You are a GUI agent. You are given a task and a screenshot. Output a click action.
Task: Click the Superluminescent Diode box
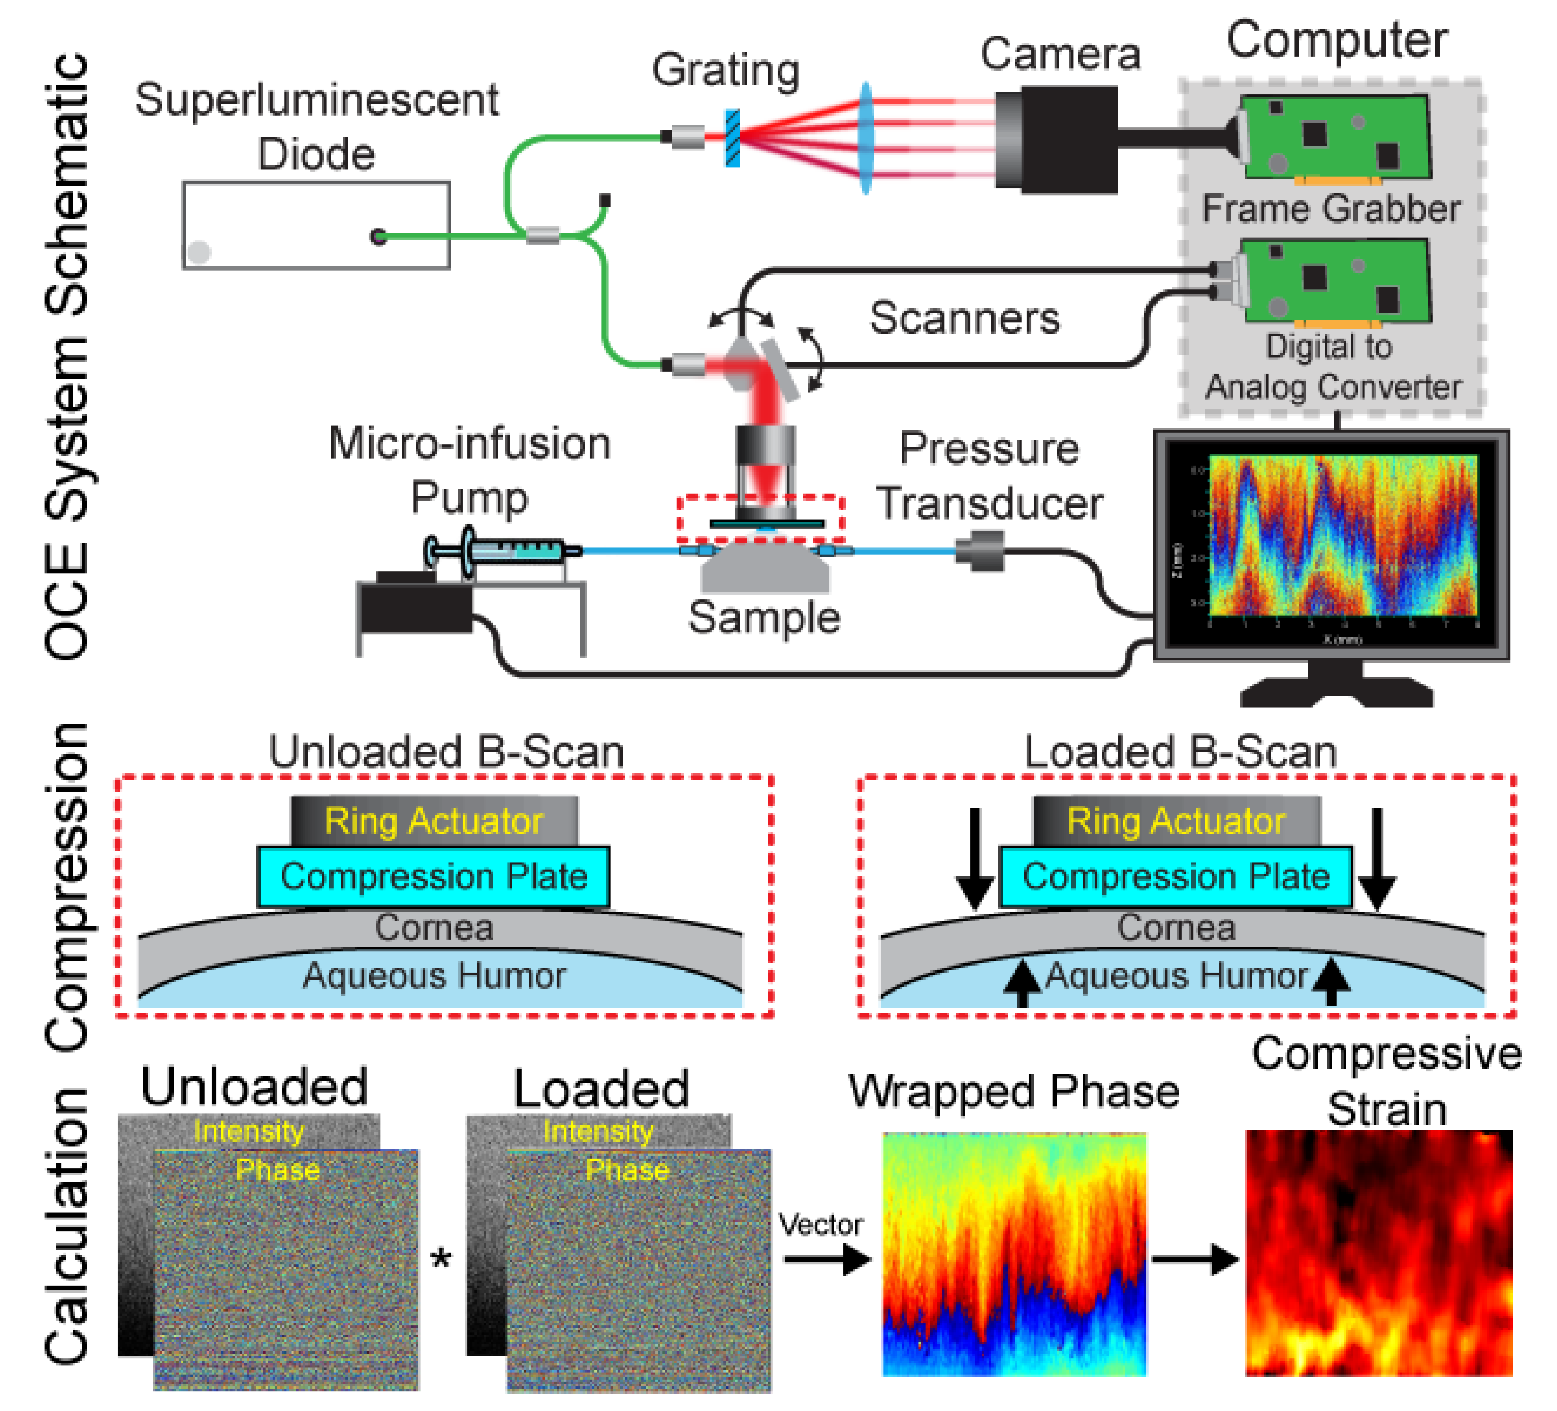[x=316, y=225]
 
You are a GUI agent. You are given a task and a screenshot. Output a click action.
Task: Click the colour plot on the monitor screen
[x=1342, y=535]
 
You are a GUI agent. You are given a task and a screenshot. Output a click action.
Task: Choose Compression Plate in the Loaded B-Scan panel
[x=1176, y=876]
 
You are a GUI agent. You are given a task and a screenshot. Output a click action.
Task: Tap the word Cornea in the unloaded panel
[x=434, y=927]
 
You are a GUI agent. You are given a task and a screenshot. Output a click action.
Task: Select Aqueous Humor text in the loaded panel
[x=1176, y=976]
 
